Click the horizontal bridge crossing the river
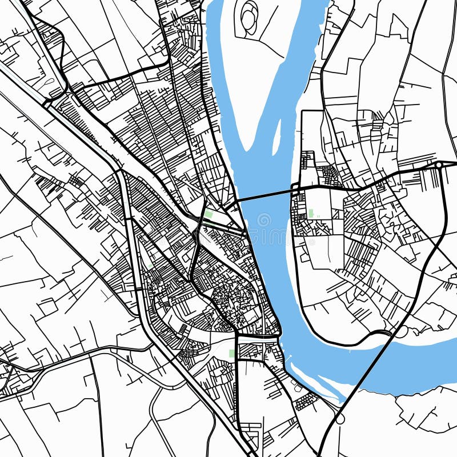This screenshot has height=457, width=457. pyautogui.click(x=266, y=195)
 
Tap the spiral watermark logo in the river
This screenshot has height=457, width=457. pyautogui.click(x=264, y=220)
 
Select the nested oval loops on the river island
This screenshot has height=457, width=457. pyautogui.click(x=250, y=17)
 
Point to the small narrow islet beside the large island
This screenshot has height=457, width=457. pyautogui.click(x=278, y=137)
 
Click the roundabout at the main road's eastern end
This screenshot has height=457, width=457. pyautogui.click(x=438, y=165)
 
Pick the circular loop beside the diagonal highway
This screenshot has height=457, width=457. pyautogui.click(x=340, y=419)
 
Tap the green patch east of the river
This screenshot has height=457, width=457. pyautogui.click(x=311, y=213)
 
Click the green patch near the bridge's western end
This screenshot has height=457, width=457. pyautogui.click(x=209, y=214)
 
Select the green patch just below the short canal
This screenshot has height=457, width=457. pyautogui.click(x=231, y=353)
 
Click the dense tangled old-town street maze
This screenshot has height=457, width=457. pyautogui.click(x=234, y=297)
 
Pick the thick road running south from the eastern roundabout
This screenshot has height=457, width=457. pyautogui.click(x=442, y=217)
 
